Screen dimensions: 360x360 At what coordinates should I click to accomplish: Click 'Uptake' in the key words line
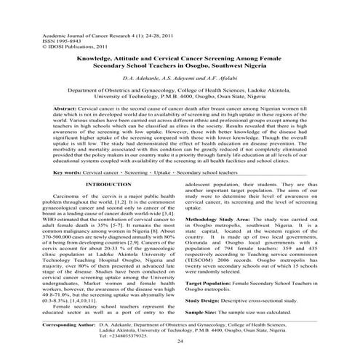(x=192, y=173)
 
